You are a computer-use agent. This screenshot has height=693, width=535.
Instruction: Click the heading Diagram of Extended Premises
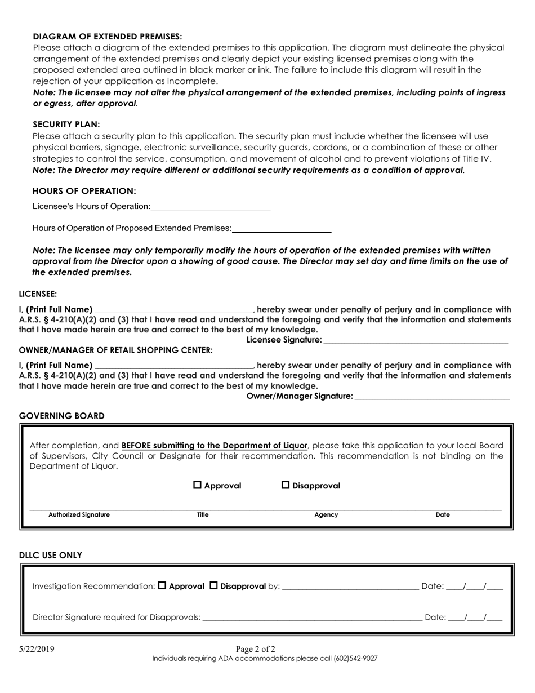107,36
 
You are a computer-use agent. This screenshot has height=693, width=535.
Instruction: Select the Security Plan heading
66,125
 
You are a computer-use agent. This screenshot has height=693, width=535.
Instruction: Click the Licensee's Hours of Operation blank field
211,207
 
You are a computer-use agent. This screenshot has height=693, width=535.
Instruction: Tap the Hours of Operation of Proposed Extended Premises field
282,228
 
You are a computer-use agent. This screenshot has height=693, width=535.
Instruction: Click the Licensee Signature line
416,340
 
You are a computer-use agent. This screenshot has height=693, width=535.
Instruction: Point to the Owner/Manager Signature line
432,396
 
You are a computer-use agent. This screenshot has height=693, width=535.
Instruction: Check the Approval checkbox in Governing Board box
198,485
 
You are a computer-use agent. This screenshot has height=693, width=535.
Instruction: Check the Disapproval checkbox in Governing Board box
286,485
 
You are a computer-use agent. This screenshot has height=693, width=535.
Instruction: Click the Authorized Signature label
79,514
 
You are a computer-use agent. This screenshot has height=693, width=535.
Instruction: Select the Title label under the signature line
203,514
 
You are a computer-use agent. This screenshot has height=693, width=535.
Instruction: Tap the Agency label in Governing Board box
326,514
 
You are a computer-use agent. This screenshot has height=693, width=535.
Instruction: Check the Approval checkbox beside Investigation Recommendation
162,585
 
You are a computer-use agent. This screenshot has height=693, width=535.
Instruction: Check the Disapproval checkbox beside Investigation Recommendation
214,585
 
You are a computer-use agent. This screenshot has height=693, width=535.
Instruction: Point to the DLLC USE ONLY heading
51,555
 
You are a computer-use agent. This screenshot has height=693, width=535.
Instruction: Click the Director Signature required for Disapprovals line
312,617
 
